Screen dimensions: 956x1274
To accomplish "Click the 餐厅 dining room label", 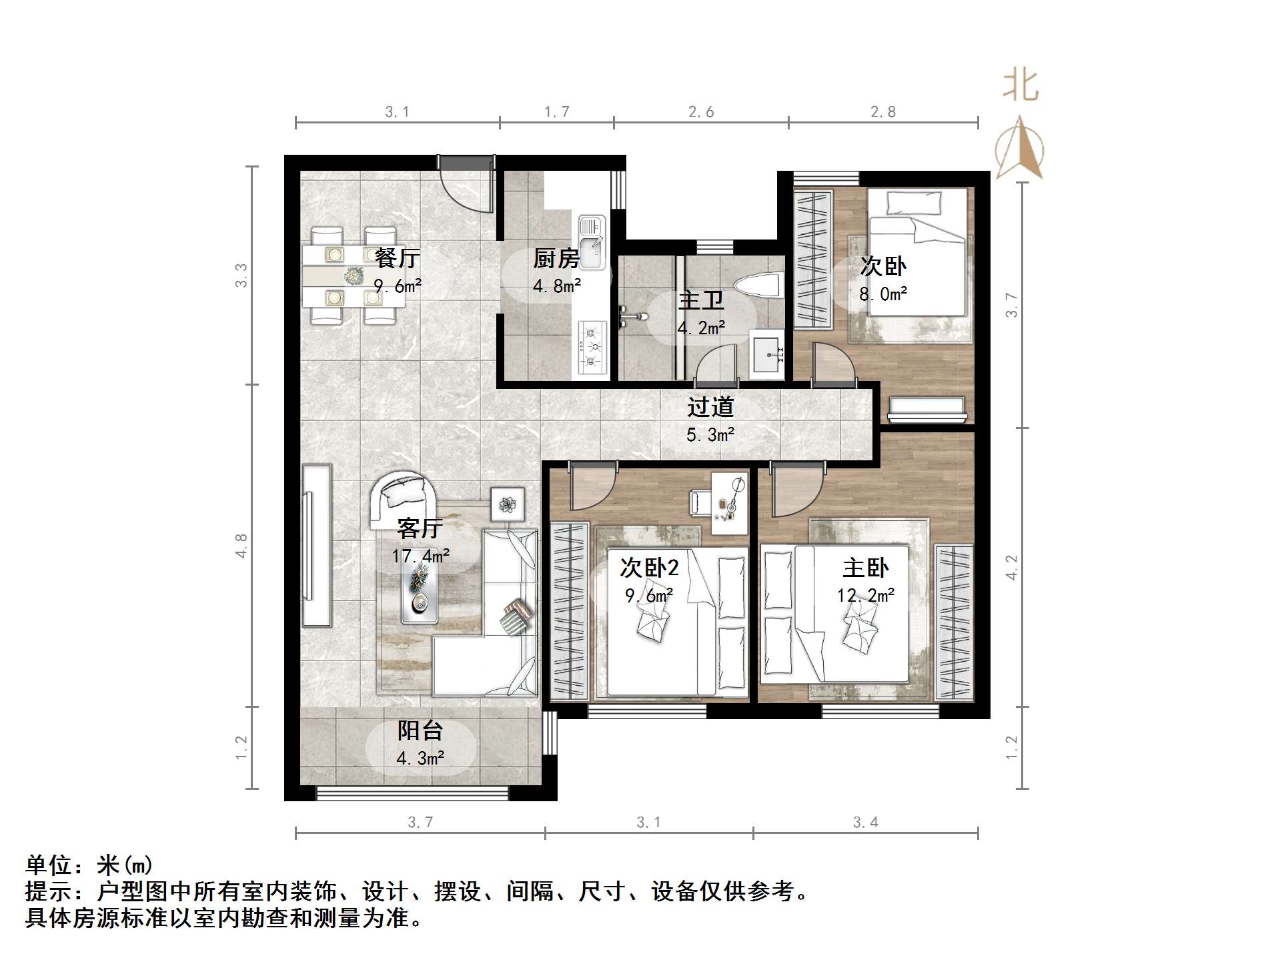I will pos(398,258).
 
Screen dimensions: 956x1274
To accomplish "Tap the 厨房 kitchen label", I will pos(556,258).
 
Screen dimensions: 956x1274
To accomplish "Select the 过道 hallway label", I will pos(710,406).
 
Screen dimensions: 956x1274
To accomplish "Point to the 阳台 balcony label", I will pos(420,731).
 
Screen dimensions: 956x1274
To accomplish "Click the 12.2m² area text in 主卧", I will pos(865,595).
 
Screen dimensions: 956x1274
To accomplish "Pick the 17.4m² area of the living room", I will pos(420,556).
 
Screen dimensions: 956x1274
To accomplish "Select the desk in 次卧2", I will pos(728,503).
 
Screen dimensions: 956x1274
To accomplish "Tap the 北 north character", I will pos(1021,86).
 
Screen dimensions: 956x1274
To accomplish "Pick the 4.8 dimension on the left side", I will pos(241,545).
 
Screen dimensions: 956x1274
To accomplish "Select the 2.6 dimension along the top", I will pos(701,112).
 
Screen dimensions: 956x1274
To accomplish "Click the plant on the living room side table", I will pos(508,504).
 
